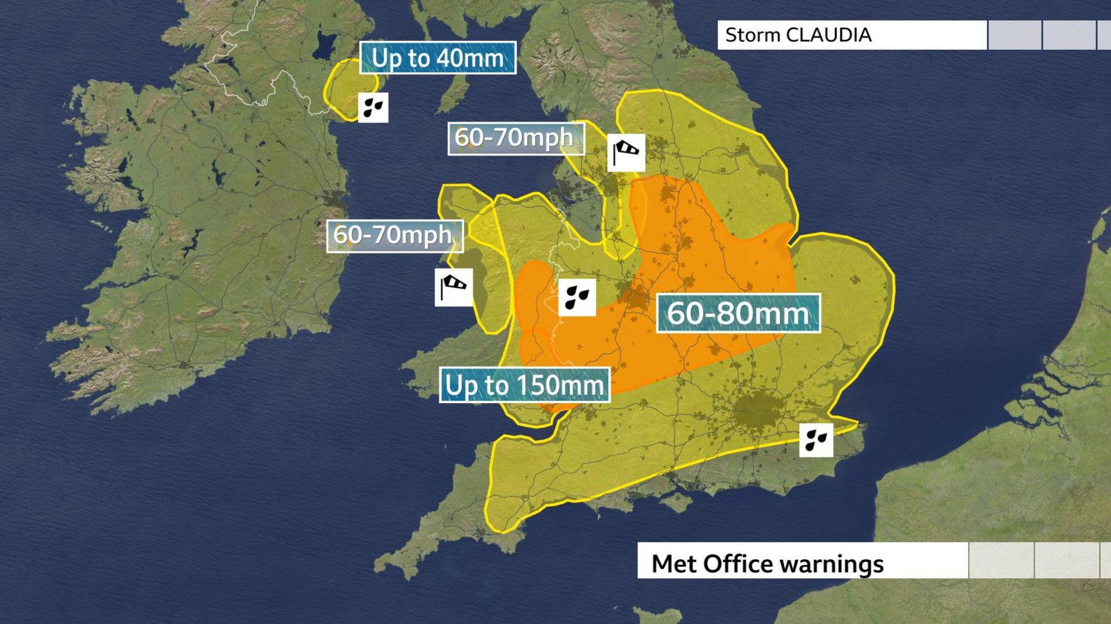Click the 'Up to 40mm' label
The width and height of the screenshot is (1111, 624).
437,58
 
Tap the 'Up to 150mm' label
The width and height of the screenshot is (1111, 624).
524,385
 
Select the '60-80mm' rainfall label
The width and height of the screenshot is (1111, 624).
738,313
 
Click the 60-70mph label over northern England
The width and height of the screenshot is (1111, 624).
514,138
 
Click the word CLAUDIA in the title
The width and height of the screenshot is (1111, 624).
828,35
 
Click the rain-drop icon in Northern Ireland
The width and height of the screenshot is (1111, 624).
373,108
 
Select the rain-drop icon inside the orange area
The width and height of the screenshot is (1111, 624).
577,297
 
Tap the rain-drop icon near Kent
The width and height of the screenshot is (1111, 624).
816,440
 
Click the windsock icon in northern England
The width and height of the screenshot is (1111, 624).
626,153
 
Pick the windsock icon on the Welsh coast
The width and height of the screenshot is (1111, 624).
454,287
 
